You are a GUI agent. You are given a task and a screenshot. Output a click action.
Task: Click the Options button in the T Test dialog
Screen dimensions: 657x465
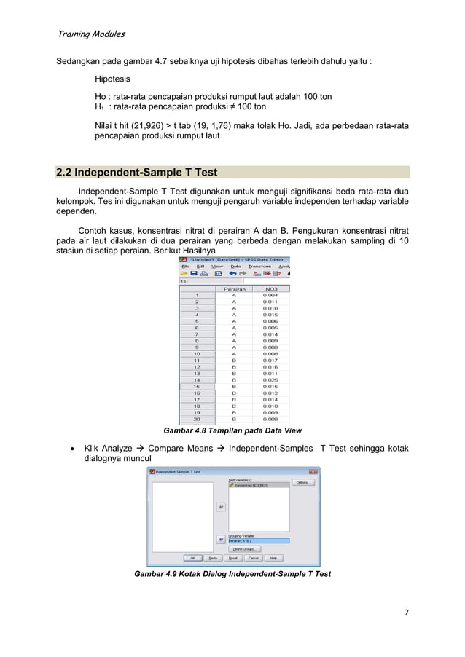(x=305, y=482)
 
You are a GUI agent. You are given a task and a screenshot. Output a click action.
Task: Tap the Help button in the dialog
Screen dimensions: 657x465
(x=273, y=558)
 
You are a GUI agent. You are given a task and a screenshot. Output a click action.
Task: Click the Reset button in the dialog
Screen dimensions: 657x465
(x=233, y=558)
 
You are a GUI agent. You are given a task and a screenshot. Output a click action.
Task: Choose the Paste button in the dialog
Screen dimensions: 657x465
(x=213, y=558)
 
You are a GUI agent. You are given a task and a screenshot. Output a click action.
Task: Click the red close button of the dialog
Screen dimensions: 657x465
(x=316, y=472)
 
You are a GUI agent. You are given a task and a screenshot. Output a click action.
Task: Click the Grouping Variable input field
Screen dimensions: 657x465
(x=259, y=540)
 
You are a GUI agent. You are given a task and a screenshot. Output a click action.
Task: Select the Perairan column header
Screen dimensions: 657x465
(x=234, y=288)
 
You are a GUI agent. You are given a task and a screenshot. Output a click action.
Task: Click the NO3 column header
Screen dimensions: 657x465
(x=270, y=288)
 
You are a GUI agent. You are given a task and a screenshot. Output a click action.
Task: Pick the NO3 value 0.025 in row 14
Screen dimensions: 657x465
(x=270, y=379)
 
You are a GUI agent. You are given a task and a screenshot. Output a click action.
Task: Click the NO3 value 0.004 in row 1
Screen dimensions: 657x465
(x=270, y=295)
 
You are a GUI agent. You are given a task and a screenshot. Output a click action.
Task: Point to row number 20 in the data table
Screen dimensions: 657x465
(x=196, y=419)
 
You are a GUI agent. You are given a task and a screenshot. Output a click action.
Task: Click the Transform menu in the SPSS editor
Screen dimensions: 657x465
(x=259, y=267)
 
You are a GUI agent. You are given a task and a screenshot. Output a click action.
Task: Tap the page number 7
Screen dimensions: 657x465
(x=407, y=611)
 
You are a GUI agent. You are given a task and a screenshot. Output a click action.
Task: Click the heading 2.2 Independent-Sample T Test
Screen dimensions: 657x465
(x=136, y=173)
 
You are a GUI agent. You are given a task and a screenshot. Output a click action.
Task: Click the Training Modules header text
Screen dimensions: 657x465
(x=90, y=34)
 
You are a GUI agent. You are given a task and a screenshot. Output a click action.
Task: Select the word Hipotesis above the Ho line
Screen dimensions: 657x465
(x=113, y=79)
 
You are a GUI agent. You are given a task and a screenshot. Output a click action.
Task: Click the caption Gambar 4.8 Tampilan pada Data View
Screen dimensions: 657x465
(x=232, y=430)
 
